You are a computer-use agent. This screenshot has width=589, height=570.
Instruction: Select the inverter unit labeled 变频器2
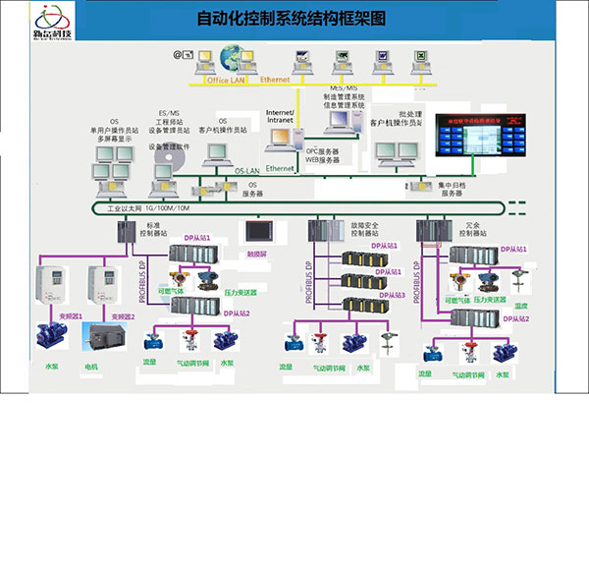102,286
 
